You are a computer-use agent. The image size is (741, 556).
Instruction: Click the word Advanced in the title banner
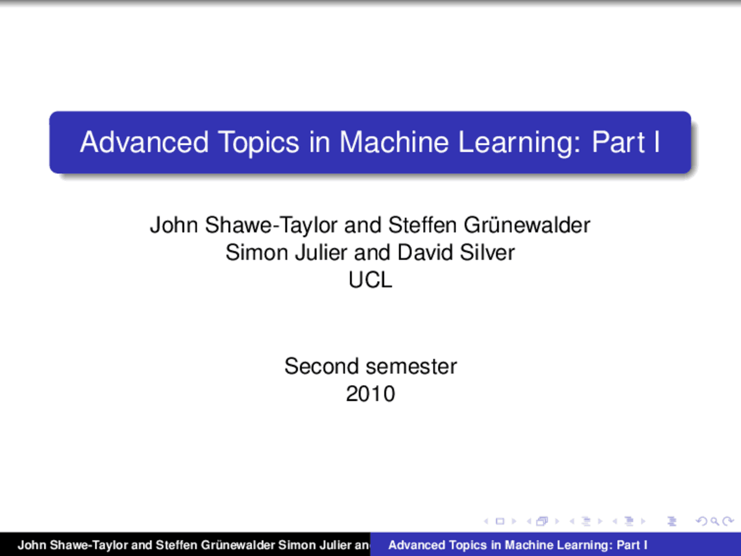pyautogui.click(x=144, y=142)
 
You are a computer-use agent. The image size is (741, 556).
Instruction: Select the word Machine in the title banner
pyautogui.click(x=394, y=142)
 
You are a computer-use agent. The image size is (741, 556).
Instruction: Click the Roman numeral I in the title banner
pyautogui.click(x=656, y=142)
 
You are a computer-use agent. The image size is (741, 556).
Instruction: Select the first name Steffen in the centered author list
pyautogui.click(x=422, y=225)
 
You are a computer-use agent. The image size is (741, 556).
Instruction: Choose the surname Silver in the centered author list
pyautogui.click(x=487, y=253)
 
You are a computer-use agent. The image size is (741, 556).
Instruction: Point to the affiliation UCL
pyautogui.click(x=370, y=280)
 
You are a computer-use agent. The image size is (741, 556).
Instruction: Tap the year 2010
pyautogui.click(x=370, y=394)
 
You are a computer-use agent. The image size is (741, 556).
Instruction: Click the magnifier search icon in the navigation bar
pyautogui.click(x=715, y=521)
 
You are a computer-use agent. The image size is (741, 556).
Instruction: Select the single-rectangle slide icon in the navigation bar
pyautogui.click(x=500, y=521)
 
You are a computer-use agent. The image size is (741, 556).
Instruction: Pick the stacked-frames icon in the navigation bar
pyautogui.click(x=542, y=521)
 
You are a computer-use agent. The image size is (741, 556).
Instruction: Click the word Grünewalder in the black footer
pyautogui.click(x=237, y=545)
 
